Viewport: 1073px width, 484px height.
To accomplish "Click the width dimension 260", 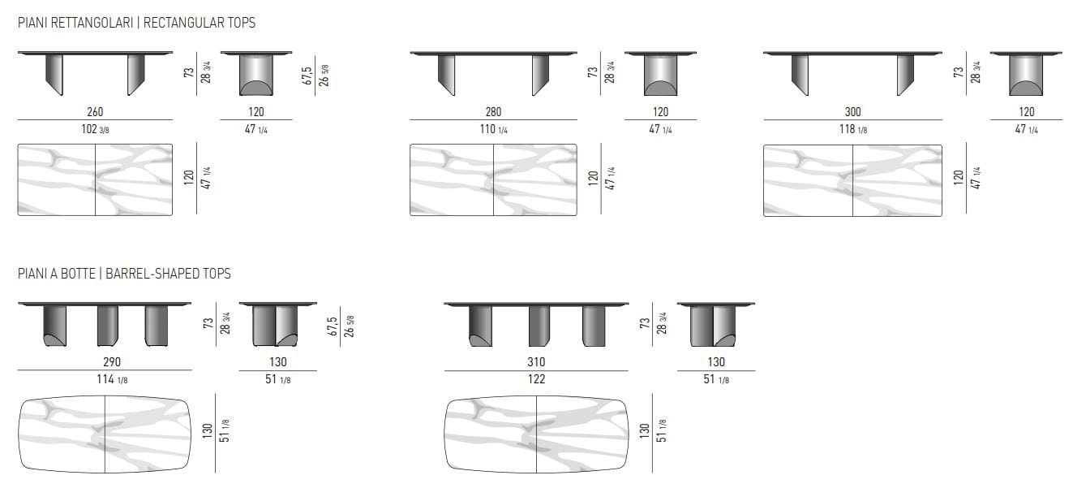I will tap(95, 112).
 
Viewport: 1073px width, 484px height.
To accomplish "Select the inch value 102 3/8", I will tap(95, 129).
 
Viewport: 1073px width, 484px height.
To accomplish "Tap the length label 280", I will tap(493, 112).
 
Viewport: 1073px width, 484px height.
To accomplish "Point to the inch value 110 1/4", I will tap(493, 129).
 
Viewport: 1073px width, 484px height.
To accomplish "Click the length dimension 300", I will tap(852, 112).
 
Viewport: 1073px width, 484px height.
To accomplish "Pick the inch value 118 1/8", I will tap(852, 129).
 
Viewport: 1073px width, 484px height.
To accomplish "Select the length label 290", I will tap(105, 361).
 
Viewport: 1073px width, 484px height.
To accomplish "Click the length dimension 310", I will tap(536, 361).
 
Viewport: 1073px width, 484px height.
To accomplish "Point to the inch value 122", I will tap(536, 378).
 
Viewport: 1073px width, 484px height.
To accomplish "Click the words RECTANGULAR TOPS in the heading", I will tap(200, 23).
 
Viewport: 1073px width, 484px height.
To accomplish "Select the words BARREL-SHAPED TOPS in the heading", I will tap(168, 274).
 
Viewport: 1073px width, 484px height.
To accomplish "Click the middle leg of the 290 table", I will tap(108, 325).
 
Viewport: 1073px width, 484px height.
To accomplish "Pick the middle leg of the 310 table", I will tap(539, 325).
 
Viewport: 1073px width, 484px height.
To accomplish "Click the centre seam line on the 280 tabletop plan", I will tap(494, 180).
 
